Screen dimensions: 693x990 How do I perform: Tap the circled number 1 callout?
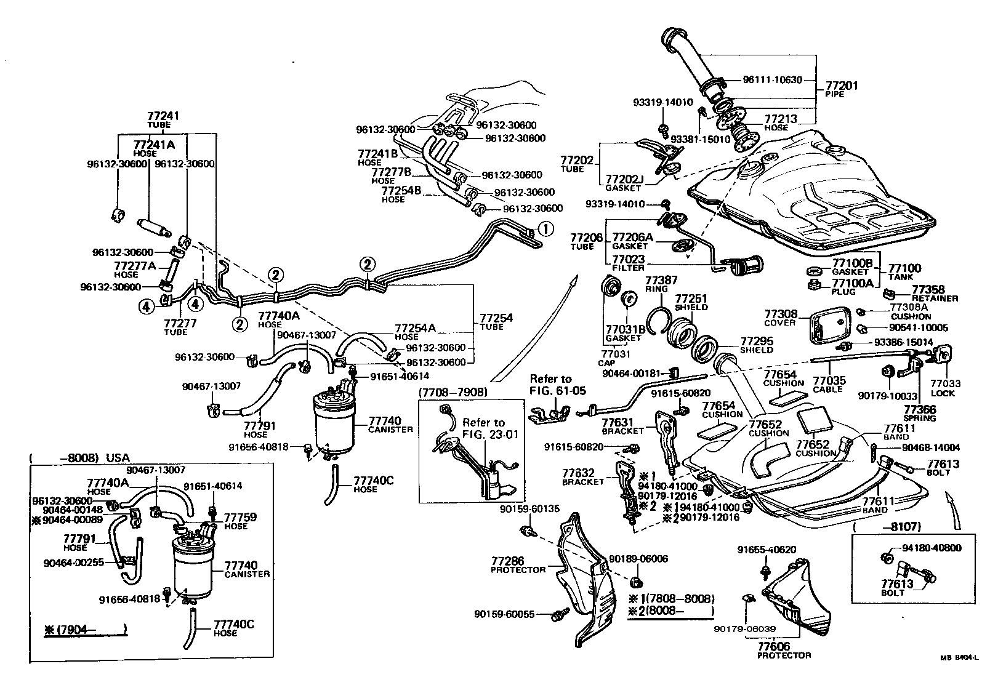click(545, 229)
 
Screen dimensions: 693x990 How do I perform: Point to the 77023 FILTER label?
click(628, 263)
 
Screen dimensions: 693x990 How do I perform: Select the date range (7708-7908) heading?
click(453, 392)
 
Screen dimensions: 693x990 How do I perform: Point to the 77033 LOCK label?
click(945, 387)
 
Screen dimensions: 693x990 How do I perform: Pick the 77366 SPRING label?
click(920, 413)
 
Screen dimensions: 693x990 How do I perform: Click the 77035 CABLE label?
click(829, 385)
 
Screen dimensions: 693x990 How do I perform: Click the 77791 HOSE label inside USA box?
click(76, 542)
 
